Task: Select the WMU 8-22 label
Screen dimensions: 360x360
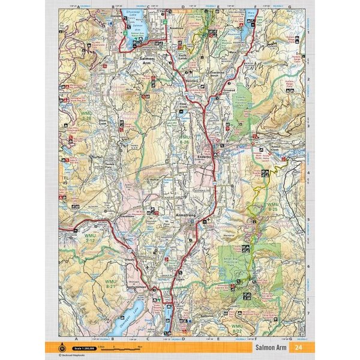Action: (x=238, y=328)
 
